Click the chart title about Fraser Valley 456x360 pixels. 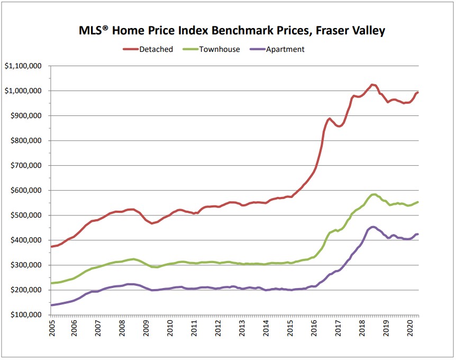click(227, 31)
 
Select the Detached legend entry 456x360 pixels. click(148, 49)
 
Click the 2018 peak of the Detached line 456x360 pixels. click(372, 84)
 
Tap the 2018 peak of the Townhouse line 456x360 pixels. click(374, 194)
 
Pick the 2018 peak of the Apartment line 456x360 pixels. click(373, 227)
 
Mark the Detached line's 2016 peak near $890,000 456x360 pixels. click(330, 119)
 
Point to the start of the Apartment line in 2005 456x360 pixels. click(51, 305)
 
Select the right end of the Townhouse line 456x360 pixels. click(417, 202)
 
